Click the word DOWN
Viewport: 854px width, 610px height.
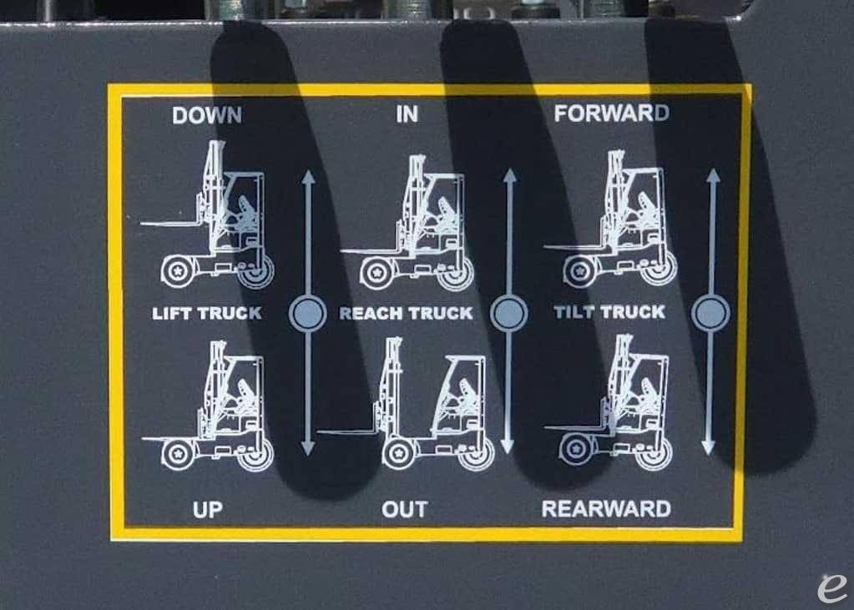pyautogui.click(x=207, y=115)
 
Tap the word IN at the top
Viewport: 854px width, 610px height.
pyautogui.click(x=407, y=114)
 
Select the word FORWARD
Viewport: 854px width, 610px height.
pyautogui.click(x=611, y=113)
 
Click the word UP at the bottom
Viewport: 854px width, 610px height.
pyautogui.click(x=207, y=509)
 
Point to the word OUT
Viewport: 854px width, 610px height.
pyautogui.click(x=405, y=509)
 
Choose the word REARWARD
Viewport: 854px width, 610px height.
pyautogui.click(x=606, y=508)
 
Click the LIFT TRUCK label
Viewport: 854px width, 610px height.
pyautogui.click(x=207, y=314)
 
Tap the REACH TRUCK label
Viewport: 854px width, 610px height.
pyautogui.click(x=406, y=314)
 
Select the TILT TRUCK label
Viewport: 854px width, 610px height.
pyautogui.click(x=609, y=312)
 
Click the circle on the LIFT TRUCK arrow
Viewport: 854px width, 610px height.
pyautogui.click(x=307, y=314)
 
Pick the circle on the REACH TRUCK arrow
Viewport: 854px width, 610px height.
pyautogui.click(x=508, y=314)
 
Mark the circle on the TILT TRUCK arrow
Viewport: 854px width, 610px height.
pyautogui.click(x=710, y=313)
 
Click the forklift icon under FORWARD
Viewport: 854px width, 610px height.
pyautogui.click(x=614, y=220)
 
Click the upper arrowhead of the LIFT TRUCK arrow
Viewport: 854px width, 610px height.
pyautogui.click(x=307, y=177)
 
